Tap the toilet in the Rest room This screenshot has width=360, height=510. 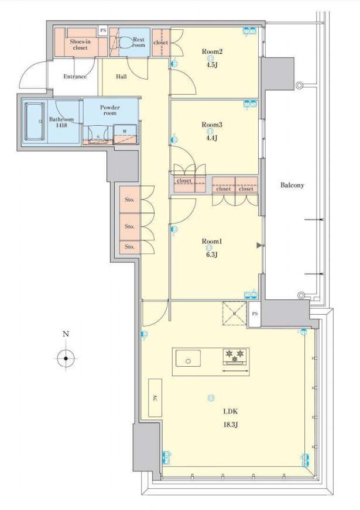click(125, 42)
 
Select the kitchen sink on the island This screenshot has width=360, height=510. click(188, 358)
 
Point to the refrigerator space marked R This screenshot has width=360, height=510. click(234, 313)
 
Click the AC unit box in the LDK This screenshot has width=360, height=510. click(155, 398)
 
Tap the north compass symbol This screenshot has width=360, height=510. click(66, 358)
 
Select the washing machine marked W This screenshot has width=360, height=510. click(125, 133)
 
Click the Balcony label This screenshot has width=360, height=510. click(292, 185)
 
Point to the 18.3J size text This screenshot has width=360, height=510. click(230, 425)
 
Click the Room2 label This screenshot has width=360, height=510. click(212, 51)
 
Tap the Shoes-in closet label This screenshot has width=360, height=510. click(80, 44)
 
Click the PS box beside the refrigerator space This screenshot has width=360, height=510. click(255, 314)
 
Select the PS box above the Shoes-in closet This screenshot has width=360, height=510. click(103, 30)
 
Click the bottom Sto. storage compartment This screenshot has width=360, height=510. click(130, 247)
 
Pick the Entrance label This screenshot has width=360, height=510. click(75, 77)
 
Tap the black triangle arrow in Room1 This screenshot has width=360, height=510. click(259, 246)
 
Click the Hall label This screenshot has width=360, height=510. click(121, 77)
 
